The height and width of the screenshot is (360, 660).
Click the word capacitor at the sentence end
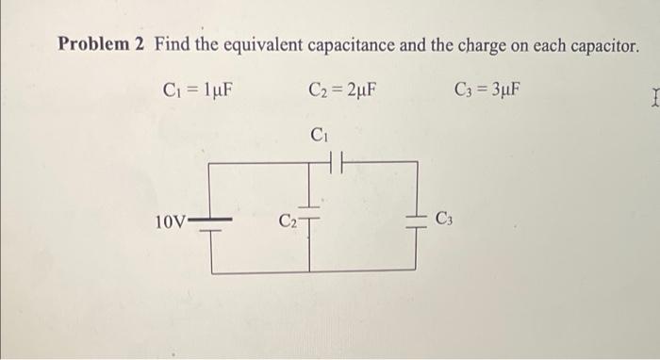coord(599,44)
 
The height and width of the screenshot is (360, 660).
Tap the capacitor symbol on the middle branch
coord(310,210)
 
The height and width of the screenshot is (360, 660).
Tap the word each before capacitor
coord(549,44)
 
